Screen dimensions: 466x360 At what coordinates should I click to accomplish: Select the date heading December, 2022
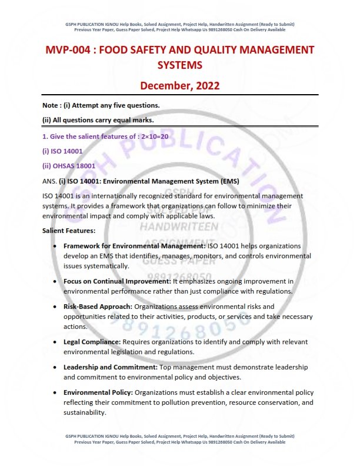pyautogui.click(x=179, y=85)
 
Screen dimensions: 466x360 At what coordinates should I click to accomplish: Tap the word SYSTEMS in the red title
pyautogui.click(x=179, y=64)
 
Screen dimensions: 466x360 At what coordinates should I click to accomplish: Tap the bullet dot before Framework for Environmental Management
pyautogui.click(x=55, y=245)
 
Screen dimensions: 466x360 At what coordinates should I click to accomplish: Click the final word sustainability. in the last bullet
pyautogui.click(x=85, y=412)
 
